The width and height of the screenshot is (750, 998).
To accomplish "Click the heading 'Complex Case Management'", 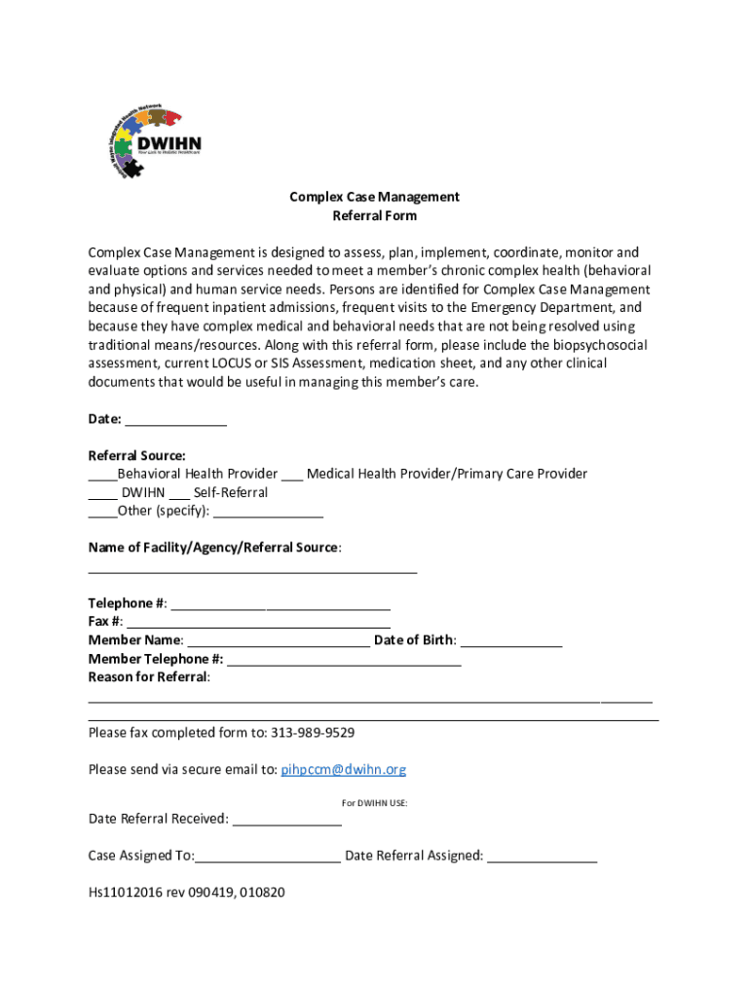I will (374, 197).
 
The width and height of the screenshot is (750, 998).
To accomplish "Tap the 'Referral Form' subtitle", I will (374, 215).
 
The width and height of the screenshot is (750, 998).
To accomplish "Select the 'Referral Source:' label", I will (136, 455).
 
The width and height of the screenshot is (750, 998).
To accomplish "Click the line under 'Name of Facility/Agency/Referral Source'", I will (252, 570).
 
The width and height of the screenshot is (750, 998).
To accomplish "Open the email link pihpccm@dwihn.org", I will (343, 770).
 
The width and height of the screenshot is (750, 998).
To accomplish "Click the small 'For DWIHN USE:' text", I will (374, 803).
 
